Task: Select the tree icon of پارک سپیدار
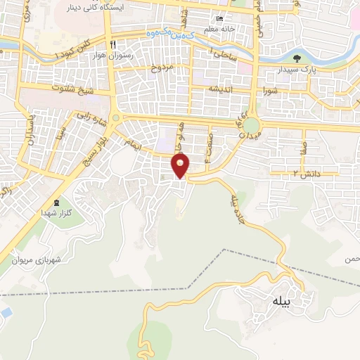coord(293,59)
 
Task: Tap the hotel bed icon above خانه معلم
coord(219,19)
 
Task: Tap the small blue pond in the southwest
coord(5,310)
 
